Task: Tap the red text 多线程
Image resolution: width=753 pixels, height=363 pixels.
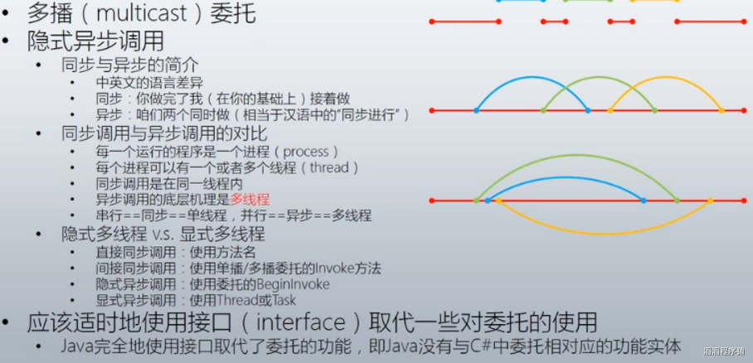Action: point(250,199)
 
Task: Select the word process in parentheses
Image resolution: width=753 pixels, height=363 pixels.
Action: point(306,152)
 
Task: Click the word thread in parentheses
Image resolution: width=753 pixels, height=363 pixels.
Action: point(328,168)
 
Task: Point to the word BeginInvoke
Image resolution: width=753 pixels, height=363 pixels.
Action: point(294,284)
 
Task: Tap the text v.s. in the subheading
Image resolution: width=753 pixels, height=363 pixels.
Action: point(163,235)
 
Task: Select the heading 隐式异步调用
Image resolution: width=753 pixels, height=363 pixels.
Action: point(95,41)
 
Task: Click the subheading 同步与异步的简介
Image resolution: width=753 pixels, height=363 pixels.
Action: point(130,65)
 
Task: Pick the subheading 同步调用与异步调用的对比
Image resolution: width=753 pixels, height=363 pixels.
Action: point(164,133)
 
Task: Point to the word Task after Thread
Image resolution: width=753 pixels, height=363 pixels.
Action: point(284,301)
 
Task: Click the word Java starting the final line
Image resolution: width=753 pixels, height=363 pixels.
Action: point(74,346)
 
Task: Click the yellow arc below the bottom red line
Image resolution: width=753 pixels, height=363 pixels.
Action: point(604,235)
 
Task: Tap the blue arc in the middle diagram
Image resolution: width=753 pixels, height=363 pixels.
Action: point(532,77)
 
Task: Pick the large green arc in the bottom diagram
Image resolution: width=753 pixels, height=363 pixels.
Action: point(576,155)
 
